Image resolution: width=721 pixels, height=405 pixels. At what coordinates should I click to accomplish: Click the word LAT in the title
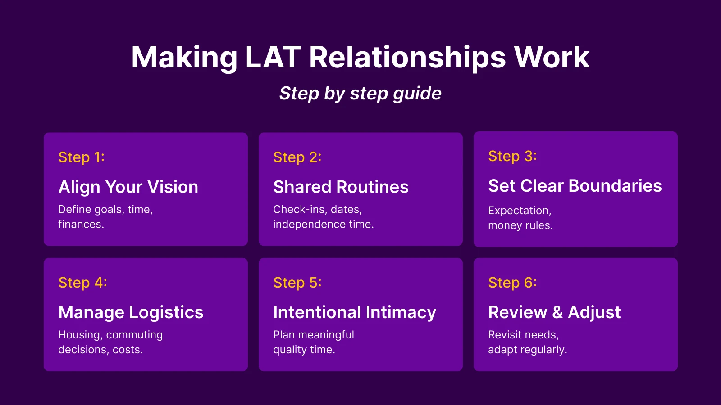[273, 58]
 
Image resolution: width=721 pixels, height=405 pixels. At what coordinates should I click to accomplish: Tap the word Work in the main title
[552, 58]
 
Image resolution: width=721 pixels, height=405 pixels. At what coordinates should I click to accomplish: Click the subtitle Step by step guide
[360, 93]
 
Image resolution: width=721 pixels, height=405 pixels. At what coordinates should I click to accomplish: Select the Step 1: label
[81, 157]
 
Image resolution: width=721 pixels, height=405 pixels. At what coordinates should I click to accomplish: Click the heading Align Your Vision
[128, 187]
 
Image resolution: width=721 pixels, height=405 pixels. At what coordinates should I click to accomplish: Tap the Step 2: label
[297, 157]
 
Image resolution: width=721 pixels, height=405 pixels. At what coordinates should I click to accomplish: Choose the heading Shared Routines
[341, 187]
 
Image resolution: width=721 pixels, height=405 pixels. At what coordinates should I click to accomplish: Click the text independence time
[323, 224]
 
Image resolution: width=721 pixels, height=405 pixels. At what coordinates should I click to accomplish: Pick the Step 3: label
[512, 156]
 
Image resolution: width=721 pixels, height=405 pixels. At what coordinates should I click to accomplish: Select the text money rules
[520, 225]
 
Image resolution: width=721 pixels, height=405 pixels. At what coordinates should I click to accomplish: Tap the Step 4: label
[82, 282]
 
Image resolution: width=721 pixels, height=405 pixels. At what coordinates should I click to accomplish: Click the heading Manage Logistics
[131, 312]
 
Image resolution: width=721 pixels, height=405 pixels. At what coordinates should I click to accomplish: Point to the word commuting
[134, 335]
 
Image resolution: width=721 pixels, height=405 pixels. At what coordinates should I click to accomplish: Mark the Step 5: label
[297, 282]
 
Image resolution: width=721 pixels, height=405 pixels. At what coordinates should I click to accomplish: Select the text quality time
[304, 350]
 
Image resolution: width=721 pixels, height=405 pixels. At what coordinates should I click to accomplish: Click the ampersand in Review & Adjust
[557, 312]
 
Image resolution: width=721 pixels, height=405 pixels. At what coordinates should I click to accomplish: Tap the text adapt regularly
[527, 350]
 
